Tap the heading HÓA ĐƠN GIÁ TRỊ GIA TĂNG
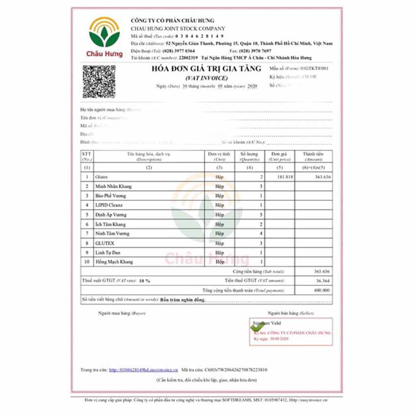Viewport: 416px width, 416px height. pyautogui.click(x=206, y=69)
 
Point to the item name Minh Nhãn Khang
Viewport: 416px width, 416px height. pyautogui.click(x=114, y=186)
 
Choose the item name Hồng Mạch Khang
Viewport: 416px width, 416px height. pyautogui.click(x=114, y=262)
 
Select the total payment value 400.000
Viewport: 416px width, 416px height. pyautogui.click(x=321, y=290)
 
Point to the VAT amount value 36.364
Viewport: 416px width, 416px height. pyautogui.click(x=322, y=280)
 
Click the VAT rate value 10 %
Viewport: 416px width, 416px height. pyautogui.click(x=144, y=280)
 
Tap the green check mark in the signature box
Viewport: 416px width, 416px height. pyautogui.click(x=255, y=326)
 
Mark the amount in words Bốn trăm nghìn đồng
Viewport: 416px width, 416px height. pyautogui.click(x=183, y=299)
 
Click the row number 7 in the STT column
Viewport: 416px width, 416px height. pyautogui.click(x=87, y=233)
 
